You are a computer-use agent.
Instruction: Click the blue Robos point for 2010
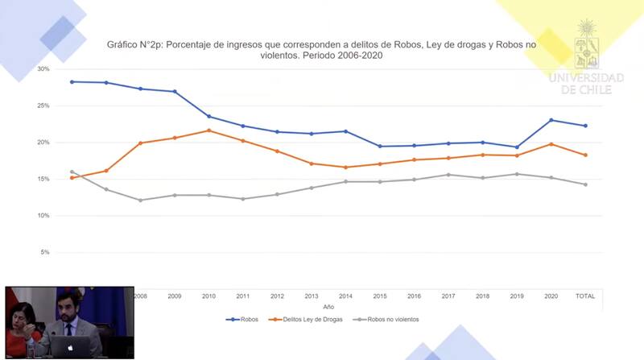pyautogui.click(x=209, y=117)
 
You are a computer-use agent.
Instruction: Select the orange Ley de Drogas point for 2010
pyautogui.click(x=209, y=130)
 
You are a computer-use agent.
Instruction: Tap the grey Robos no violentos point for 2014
pyautogui.click(x=346, y=181)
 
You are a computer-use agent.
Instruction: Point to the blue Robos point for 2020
pyautogui.click(x=551, y=120)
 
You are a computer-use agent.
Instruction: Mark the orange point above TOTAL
pyautogui.click(x=585, y=155)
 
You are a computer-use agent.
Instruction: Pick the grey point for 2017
pyautogui.click(x=448, y=175)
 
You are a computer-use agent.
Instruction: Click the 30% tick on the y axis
pyautogui.click(x=43, y=69)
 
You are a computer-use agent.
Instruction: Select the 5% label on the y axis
pyautogui.click(x=45, y=252)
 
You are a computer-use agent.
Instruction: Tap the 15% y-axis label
pyautogui.click(x=43, y=179)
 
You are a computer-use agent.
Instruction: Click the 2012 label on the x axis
pyautogui.click(x=278, y=296)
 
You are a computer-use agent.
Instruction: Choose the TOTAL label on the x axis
pyautogui.click(x=585, y=296)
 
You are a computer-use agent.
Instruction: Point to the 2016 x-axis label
pyautogui.click(x=415, y=296)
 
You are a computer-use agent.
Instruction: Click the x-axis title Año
pyautogui.click(x=328, y=308)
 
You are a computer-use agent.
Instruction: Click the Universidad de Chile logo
pyautogui.click(x=586, y=56)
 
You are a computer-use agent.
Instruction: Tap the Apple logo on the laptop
pyautogui.click(x=70, y=347)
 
